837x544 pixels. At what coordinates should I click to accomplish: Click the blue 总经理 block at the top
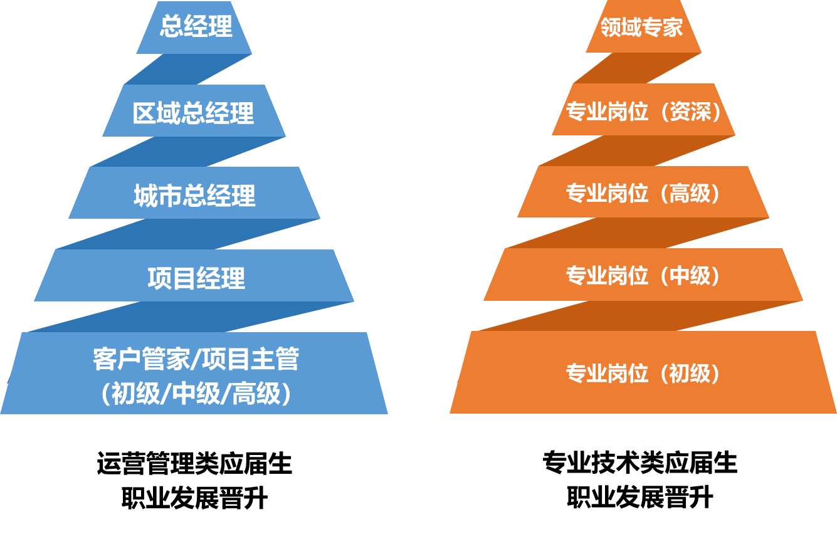click(x=195, y=27)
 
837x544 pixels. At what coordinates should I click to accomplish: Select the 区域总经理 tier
click(x=194, y=113)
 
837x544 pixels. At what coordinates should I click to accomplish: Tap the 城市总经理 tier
click(x=194, y=196)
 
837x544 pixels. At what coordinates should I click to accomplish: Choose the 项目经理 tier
click(x=196, y=278)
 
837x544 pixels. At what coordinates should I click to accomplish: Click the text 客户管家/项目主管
click(x=196, y=359)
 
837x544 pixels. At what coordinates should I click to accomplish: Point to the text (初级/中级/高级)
click(x=196, y=394)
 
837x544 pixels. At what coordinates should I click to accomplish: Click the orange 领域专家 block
click(x=642, y=27)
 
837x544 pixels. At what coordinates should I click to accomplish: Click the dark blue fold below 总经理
click(x=188, y=69)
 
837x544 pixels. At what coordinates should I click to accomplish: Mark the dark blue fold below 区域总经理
click(x=188, y=152)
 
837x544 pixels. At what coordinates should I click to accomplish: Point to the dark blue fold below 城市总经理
click(x=188, y=234)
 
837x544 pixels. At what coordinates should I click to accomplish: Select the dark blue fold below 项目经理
click(x=188, y=316)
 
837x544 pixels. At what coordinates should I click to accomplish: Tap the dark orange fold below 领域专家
click(x=637, y=68)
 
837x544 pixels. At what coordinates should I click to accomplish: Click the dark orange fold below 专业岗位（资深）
click(x=637, y=150)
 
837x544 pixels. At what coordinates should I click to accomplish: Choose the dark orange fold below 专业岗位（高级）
click(x=637, y=233)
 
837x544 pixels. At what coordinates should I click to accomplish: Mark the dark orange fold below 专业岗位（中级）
click(x=637, y=315)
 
